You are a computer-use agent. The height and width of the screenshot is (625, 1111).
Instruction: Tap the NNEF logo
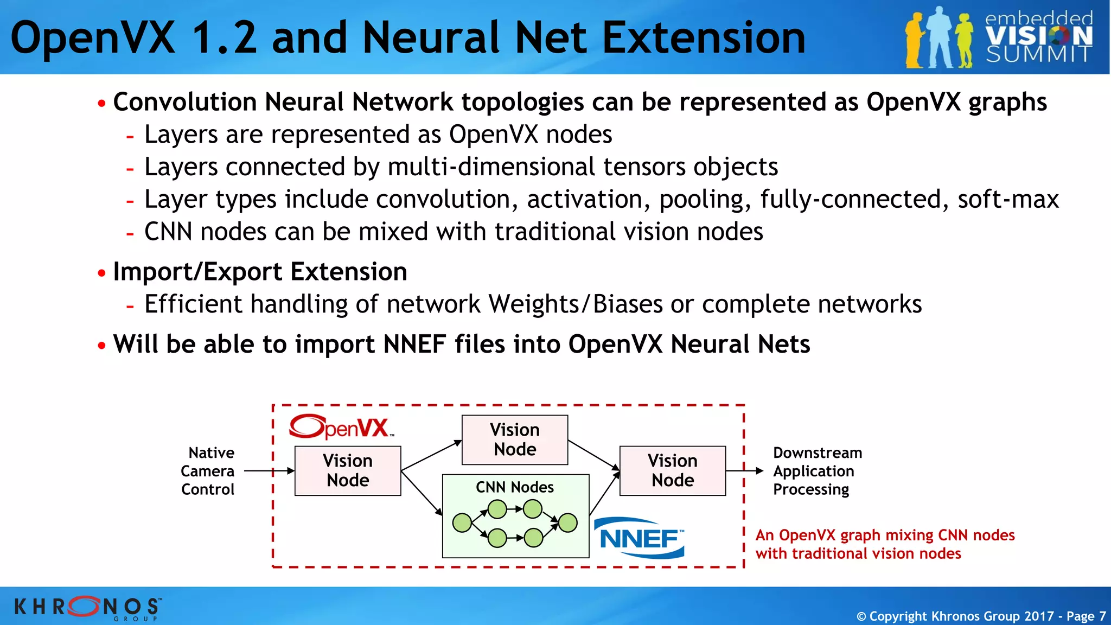click(640, 538)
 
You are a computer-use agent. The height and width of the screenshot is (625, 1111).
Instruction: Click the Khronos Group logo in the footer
click(87, 607)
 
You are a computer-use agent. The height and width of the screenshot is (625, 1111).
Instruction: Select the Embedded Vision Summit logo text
click(1038, 37)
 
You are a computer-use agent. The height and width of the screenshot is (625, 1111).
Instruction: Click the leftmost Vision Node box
click(348, 470)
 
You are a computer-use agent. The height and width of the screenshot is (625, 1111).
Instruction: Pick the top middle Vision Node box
click(514, 439)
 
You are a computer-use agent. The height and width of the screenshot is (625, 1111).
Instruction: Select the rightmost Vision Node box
click(673, 470)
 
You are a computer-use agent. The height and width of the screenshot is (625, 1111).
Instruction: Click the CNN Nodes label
click(514, 487)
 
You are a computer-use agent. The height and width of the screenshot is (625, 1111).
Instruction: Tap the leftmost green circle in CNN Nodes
click(462, 523)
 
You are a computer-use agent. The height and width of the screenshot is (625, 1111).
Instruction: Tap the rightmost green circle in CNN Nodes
click(567, 523)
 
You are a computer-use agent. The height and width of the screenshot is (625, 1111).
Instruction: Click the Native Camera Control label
click(208, 471)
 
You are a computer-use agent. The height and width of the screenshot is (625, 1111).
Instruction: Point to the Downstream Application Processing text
click(816, 471)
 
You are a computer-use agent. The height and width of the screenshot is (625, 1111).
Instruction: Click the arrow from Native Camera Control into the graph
click(269, 471)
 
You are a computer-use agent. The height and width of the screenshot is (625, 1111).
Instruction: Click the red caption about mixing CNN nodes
click(884, 544)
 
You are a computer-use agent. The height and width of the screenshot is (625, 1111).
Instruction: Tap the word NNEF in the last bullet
click(414, 345)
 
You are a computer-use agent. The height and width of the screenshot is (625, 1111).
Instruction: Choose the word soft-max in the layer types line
click(1008, 200)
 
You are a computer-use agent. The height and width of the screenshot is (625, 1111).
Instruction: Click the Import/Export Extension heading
click(260, 272)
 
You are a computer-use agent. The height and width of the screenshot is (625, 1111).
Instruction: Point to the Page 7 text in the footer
click(1086, 616)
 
